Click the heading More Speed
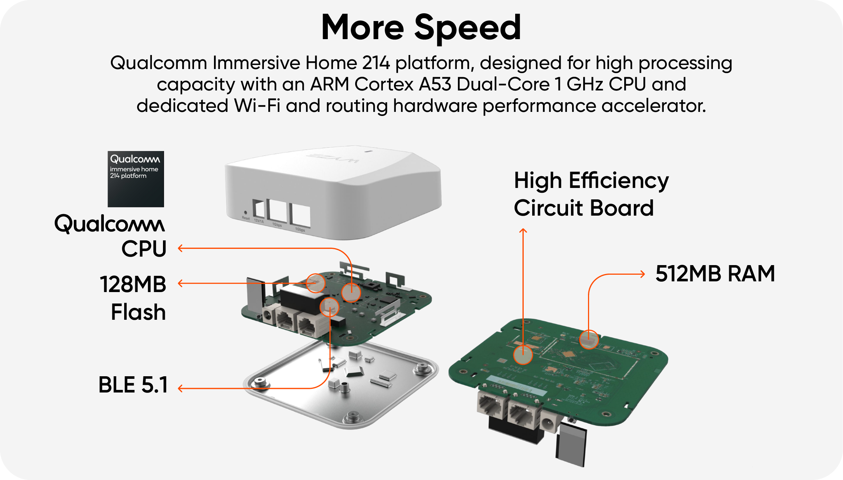click(421, 27)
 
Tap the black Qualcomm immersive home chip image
click(136, 179)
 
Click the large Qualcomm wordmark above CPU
click(110, 224)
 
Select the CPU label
click(144, 249)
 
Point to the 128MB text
click(133, 284)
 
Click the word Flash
click(138, 312)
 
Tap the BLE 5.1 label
click(133, 385)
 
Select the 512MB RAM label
click(715, 274)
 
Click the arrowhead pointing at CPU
click(180, 248)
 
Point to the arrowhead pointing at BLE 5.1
click(180, 388)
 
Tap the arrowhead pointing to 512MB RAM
click(643, 274)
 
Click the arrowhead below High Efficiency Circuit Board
click(523, 231)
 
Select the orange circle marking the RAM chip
click(589, 339)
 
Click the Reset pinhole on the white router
click(245, 213)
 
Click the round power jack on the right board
click(549, 422)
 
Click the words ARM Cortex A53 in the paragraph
click(380, 84)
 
